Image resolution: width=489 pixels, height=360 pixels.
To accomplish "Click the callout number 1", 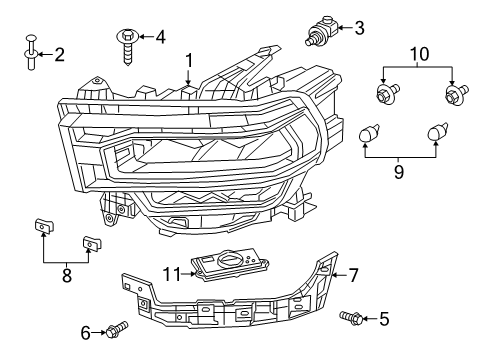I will [187, 61].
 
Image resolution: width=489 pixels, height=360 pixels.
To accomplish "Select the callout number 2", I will [59, 54].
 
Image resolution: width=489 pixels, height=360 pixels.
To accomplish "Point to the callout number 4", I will [160, 37].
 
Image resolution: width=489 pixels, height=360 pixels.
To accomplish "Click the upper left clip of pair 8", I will [43, 226].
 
